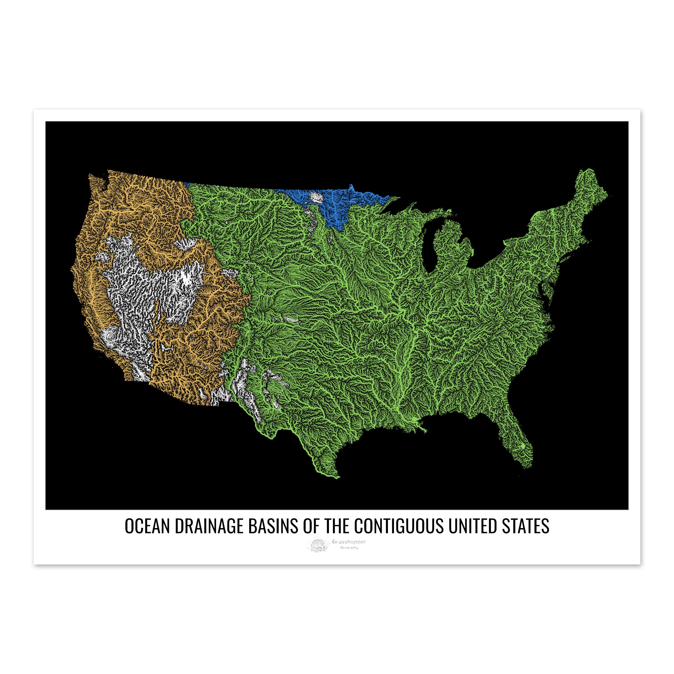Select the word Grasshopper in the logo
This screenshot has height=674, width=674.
coord(349,542)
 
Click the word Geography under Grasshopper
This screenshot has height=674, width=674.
coord(349,548)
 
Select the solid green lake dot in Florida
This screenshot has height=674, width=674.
coord(523,446)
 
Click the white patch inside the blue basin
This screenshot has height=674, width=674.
coord(316,197)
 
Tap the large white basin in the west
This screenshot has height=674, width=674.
coord(140,297)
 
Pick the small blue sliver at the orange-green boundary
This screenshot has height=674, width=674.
coord(187,184)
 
